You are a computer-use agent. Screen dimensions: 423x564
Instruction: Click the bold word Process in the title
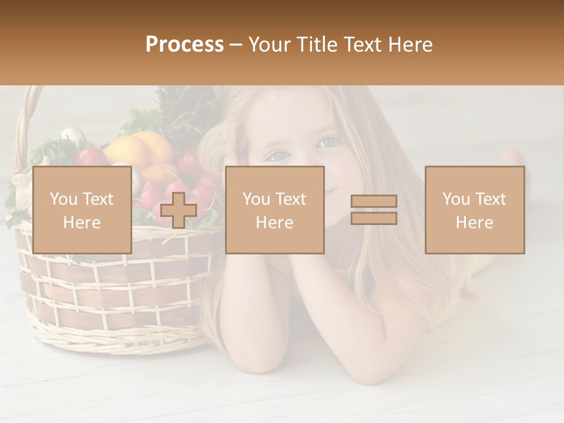click(184, 45)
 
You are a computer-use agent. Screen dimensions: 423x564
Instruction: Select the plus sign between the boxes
click(179, 210)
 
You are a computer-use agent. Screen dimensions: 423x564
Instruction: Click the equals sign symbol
click(374, 210)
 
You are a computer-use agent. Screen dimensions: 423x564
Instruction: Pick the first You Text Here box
click(82, 210)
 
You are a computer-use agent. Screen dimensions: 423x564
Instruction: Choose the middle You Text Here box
click(274, 210)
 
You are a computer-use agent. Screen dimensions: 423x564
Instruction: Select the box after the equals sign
click(475, 210)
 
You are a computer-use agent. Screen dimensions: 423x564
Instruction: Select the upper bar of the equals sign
click(374, 202)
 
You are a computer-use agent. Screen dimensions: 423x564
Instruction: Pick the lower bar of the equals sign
click(374, 218)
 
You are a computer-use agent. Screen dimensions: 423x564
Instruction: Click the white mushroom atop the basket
click(73, 136)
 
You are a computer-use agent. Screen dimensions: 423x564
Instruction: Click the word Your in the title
click(270, 45)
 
